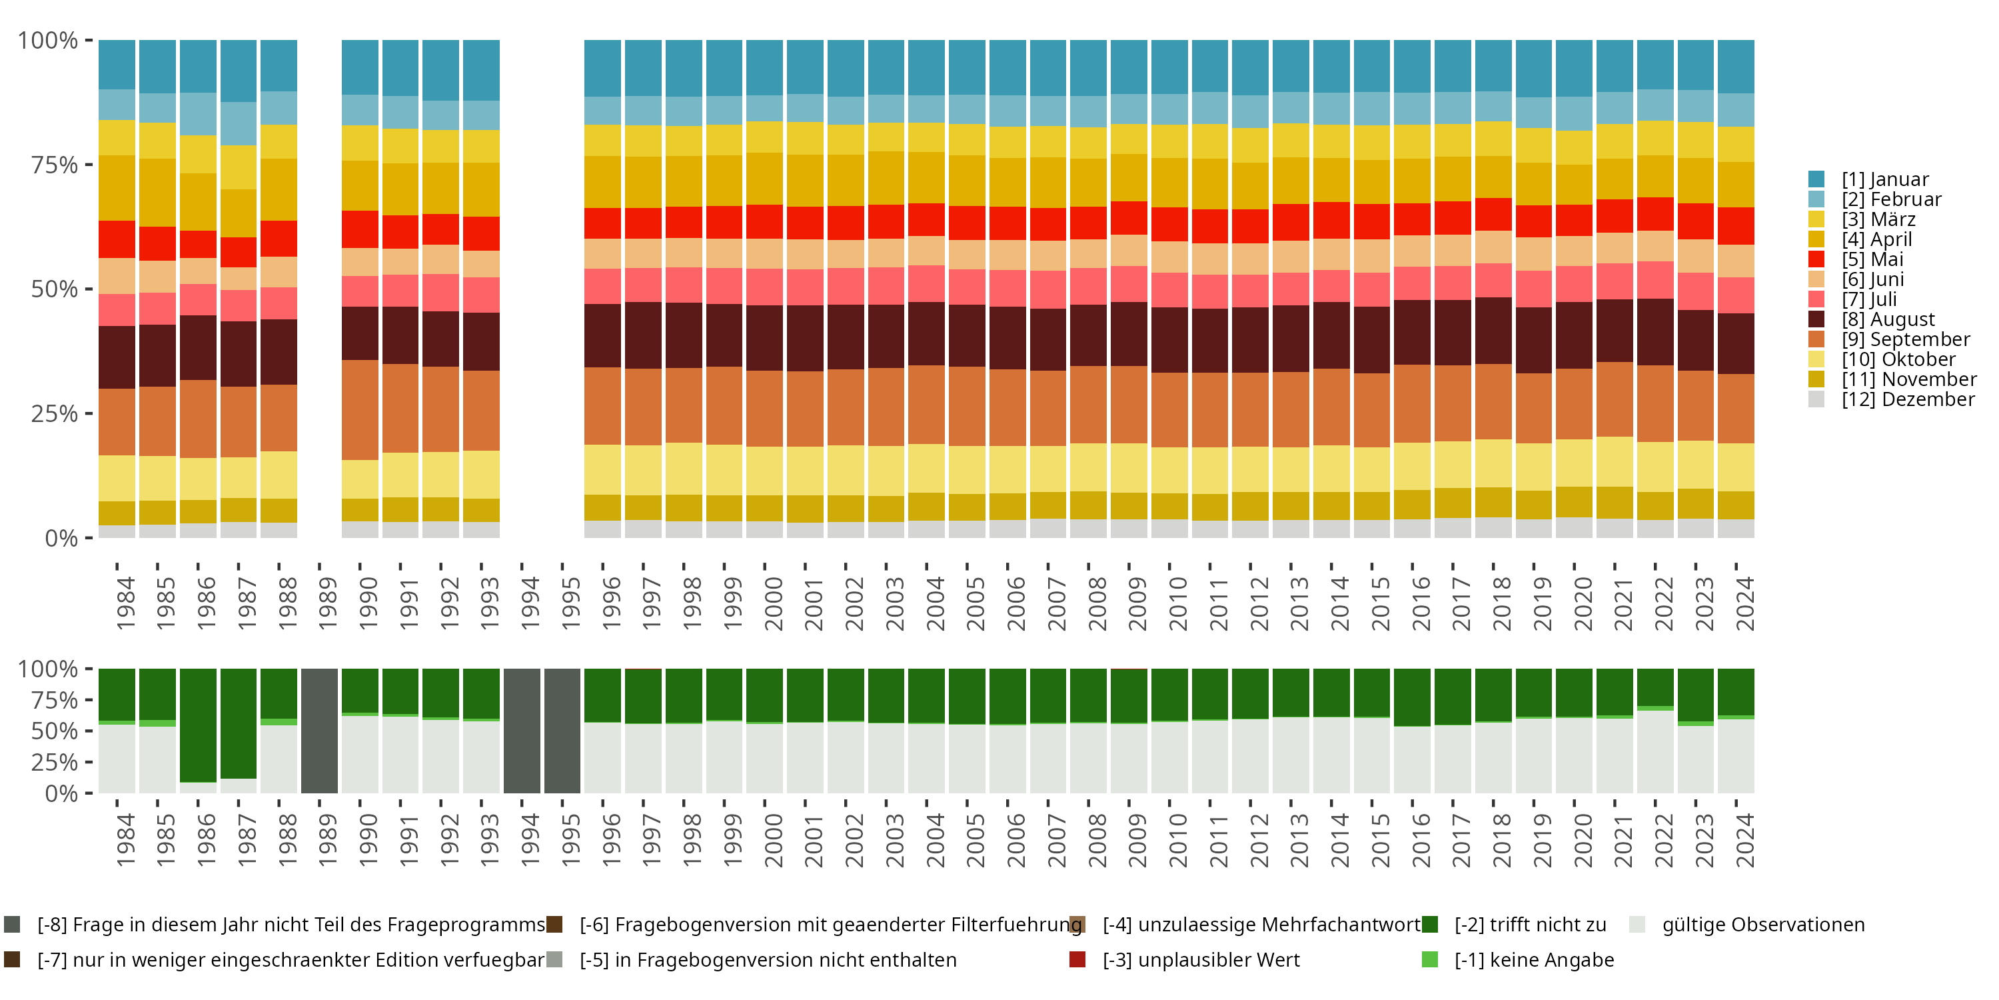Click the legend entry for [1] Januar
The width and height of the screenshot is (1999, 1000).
click(1885, 179)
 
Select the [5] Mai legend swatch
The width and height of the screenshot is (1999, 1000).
click(1816, 259)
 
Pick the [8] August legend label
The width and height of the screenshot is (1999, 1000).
click(1888, 319)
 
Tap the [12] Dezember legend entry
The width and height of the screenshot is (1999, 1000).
click(1908, 399)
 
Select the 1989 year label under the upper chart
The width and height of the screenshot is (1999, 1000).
click(327, 603)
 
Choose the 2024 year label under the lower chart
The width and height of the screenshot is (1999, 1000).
click(1744, 840)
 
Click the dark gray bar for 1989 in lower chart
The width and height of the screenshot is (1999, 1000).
click(320, 731)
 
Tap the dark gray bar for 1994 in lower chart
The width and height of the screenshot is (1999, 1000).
click(522, 731)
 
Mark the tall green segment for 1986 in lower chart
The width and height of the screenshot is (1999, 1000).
click(198, 725)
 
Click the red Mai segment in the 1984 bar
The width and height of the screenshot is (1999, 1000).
click(117, 239)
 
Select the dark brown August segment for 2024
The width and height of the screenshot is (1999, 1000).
click(1736, 343)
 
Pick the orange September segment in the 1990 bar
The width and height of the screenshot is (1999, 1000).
click(360, 409)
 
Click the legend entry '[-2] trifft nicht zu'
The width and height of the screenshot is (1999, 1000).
click(1529, 925)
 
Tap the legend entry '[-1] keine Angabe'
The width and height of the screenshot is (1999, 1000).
click(1533, 959)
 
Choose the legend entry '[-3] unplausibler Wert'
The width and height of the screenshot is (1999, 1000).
click(1201, 959)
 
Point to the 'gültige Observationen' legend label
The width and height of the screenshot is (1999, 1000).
click(1763, 925)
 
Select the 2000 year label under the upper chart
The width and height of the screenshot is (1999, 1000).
click(773, 603)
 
